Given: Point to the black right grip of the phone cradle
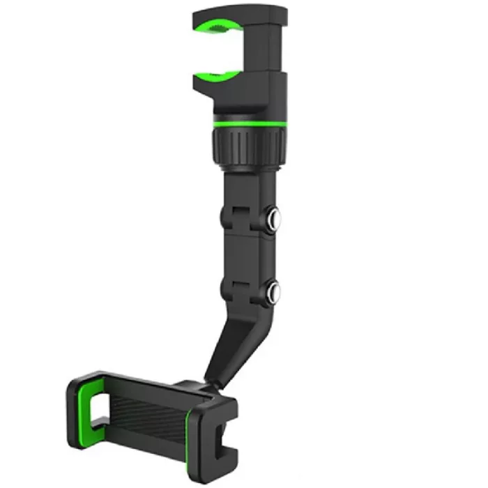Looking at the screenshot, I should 220,432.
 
